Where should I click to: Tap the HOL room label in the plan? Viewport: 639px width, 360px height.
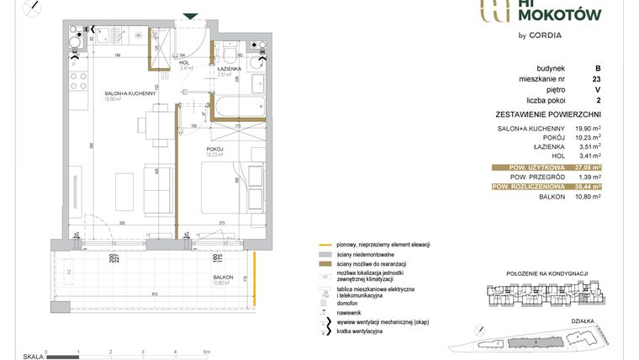pos(185,62)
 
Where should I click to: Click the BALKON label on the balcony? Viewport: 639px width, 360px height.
pos(223,277)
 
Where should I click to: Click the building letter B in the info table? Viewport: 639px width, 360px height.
pos(598,67)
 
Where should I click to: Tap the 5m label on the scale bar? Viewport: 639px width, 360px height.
pos(206,352)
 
